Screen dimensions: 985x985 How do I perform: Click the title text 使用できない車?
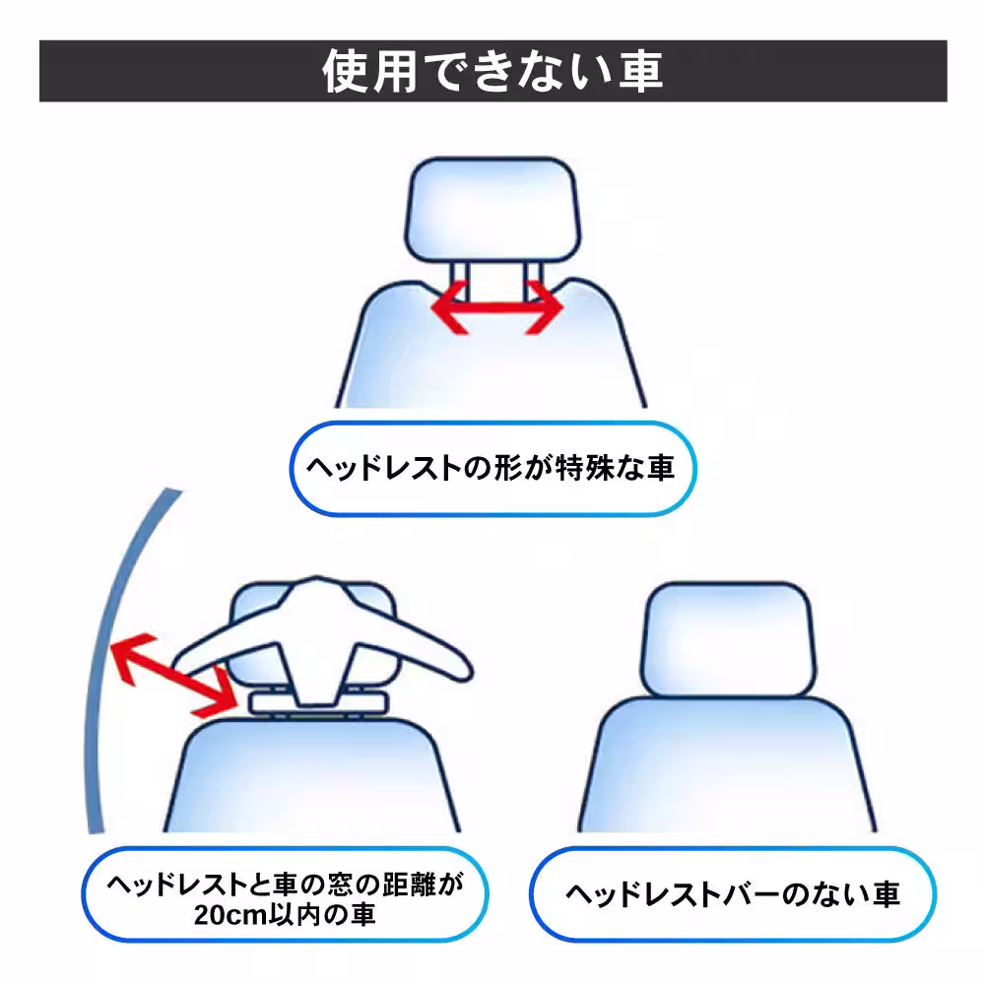[x=492, y=71]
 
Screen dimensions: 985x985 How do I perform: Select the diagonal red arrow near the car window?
[x=174, y=675]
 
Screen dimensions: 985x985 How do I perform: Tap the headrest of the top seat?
[x=492, y=208]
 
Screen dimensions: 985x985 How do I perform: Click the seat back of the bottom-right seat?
[x=729, y=768]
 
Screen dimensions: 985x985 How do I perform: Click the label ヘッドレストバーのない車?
[x=733, y=894]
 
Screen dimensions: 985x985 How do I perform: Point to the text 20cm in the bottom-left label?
[x=230, y=914]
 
